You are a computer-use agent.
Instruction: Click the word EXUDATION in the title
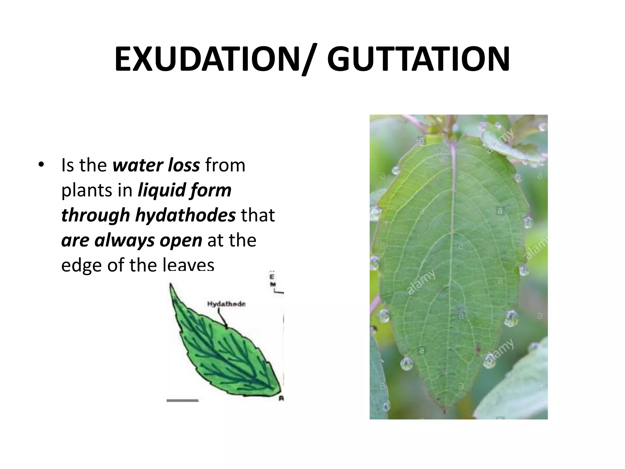pyautogui.click(x=208, y=59)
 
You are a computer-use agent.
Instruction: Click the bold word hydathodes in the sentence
pyautogui.click(x=185, y=215)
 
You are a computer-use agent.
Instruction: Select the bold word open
pyautogui.click(x=181, y=241)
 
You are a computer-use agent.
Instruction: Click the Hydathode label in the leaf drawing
pyautogui.click(x=226, y=304)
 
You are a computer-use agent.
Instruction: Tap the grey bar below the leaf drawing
pyautogui.click(x=182, y=400)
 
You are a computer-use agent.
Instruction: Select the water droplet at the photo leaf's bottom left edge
pyautogui.click(x=406, y=364)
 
